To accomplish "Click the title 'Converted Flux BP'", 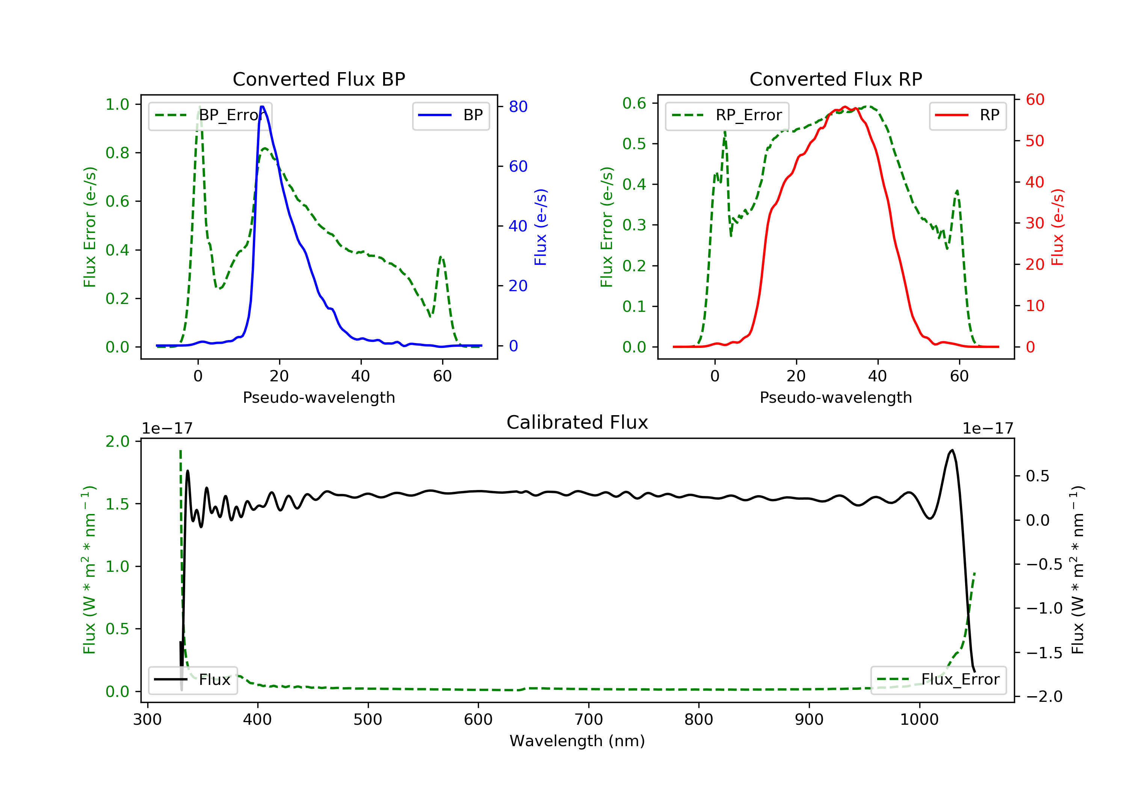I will (319, 79).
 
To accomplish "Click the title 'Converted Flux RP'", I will (835, 79).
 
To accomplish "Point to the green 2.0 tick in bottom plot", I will (117, 441).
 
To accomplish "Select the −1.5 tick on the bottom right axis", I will (1044, 653).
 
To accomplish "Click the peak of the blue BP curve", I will (262, 107).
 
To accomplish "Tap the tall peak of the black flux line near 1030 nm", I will (952, 450).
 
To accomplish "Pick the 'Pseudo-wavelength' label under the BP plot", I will (319, 398).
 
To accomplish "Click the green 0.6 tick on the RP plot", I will (634, 103).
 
